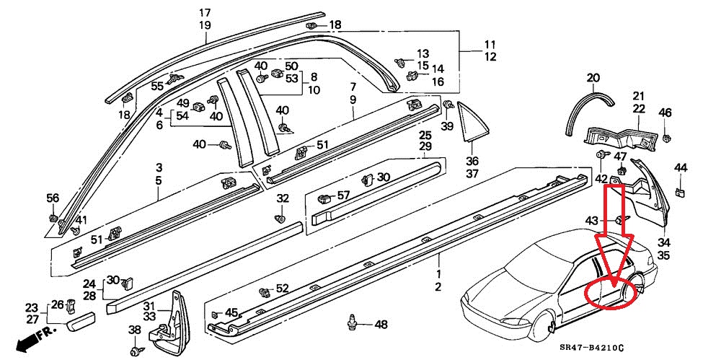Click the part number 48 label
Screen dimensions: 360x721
(381, 324)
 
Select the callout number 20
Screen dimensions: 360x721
(593, 78)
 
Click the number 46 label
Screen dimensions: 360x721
(665, 113)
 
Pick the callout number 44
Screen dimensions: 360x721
(681, 168)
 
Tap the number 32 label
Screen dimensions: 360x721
(283, 198)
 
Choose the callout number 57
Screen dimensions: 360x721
(343, 195)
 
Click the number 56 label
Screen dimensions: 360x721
(53, 198)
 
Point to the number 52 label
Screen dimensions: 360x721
(282, 289)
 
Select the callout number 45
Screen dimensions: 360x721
(231, 312)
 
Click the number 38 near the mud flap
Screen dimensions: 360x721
(135, 330)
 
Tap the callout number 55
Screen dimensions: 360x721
(157, 86)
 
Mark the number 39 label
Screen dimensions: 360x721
(447, 126)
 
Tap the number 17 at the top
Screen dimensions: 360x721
(205, 13)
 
